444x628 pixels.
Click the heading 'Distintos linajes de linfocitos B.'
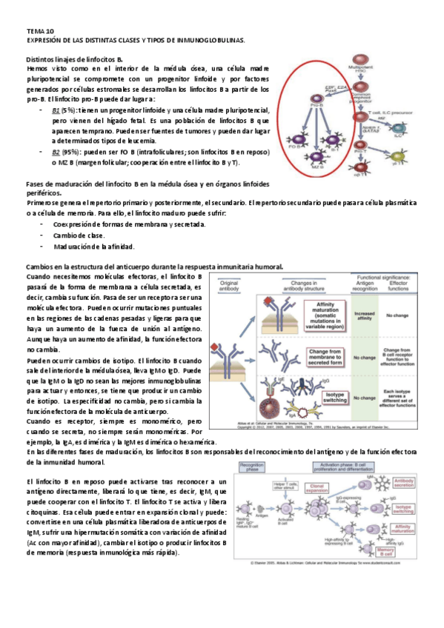tap(74, 59)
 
